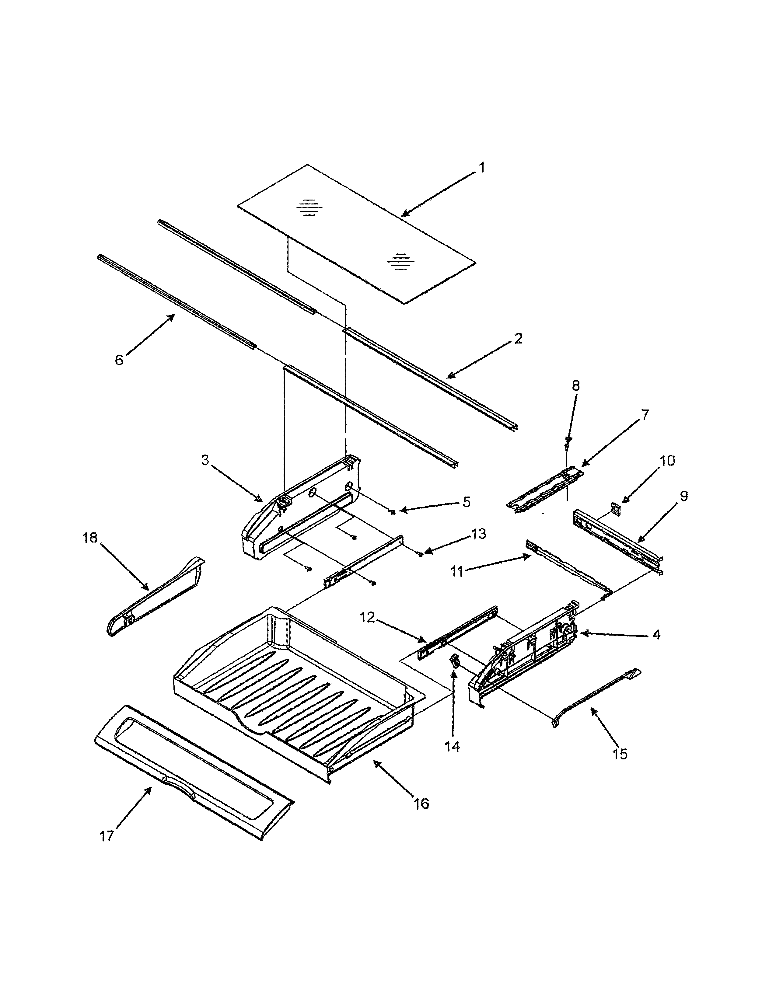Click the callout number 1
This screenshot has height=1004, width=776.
pyautogui.click(x=481, y=168)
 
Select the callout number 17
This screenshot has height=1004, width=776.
pyautogui.click(x=106, y=836)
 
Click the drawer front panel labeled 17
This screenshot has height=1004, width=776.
pyautogui.click(x=193, y=772)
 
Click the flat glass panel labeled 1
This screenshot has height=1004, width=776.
pyautogui.click(x=356, y=235)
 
